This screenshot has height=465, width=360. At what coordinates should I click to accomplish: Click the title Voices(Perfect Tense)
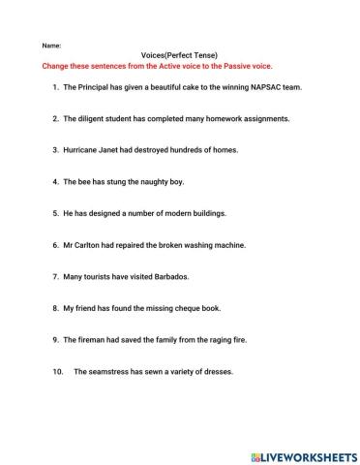[x=180, y=56]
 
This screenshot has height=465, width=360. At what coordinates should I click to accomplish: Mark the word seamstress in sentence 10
[x=111, y=371]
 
